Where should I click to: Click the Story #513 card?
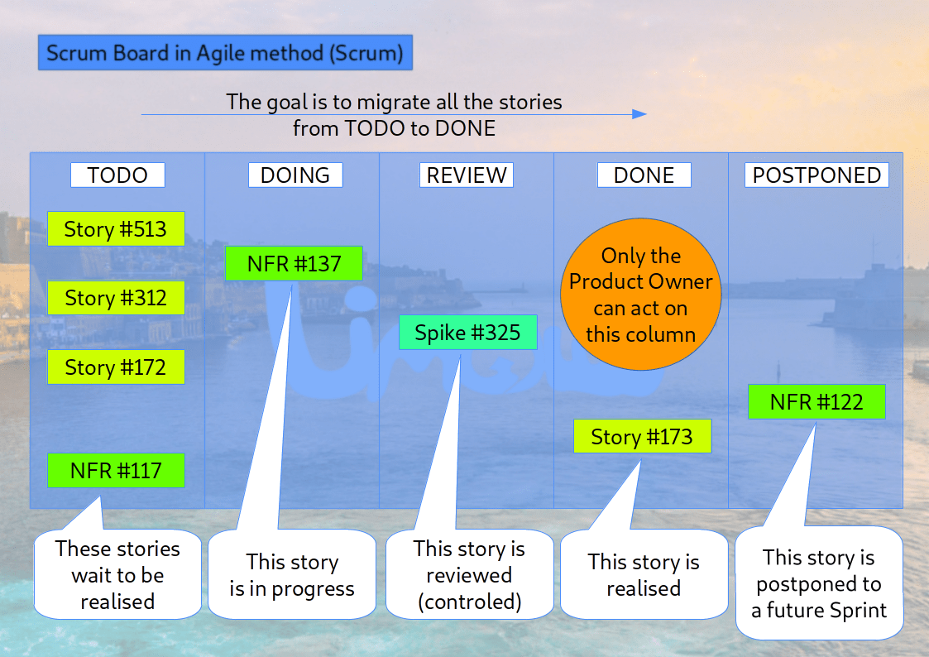[116, 229]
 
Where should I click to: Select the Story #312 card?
[116, 298]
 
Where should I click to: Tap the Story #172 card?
[116, 367]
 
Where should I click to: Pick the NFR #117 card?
[116, 471]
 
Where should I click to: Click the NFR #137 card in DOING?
[295, 264]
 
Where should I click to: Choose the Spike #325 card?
[467, 333]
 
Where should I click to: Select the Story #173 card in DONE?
[642, 437]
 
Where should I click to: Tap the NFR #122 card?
[816, 402]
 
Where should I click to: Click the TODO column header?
[117, 175]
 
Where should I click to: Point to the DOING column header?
[295, 175]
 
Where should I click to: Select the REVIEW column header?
[467, 175]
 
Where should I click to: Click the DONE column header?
[644, 175]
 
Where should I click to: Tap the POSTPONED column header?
[816, 175]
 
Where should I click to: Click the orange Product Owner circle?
[640, 295]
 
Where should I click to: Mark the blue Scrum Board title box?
[225, 54]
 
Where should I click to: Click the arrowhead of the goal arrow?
[639, 114]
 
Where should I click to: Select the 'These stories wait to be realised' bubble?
[117, 576]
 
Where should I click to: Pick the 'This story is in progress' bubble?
[292, 576]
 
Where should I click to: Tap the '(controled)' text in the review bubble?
[469, 602]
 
